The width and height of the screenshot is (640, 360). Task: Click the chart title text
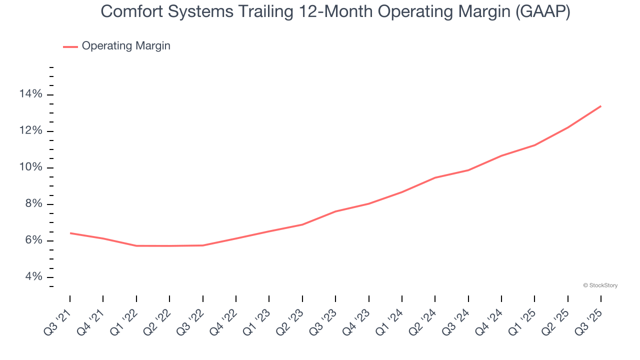(335, 12)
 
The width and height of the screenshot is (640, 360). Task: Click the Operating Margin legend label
(126, 46)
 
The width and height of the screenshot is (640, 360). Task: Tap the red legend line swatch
(70, 46)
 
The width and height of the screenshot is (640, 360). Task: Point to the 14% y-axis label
(30, 94)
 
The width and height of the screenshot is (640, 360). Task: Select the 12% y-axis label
(30, 131)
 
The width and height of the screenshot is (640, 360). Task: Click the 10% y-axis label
(30, 167)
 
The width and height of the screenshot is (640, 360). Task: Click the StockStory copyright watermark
(600, 285)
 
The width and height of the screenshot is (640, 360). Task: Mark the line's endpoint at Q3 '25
(601, 106)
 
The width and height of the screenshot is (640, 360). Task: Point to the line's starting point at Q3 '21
(70, 233)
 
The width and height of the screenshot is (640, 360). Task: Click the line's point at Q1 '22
(136, 245)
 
